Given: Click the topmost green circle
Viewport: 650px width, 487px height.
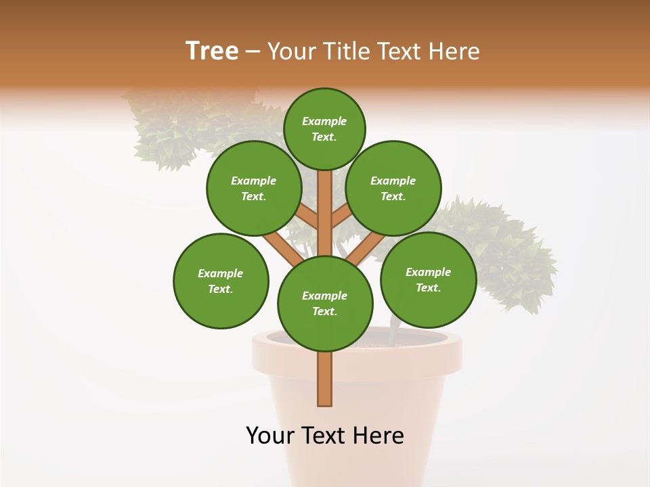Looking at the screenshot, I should pos(324,129).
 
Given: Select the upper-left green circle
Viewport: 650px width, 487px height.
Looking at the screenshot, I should pos(254,188).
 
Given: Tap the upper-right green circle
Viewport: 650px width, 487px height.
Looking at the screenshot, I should pos(393,188).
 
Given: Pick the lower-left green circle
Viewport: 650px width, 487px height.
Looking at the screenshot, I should pos(221,281).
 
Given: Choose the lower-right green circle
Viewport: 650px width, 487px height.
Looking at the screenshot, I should pos(428,279).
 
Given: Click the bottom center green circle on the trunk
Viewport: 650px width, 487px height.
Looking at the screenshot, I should pos(325,303).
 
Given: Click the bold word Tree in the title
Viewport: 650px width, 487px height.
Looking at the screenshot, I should pos(212,51).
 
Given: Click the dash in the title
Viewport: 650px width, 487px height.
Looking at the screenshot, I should pos(253,52).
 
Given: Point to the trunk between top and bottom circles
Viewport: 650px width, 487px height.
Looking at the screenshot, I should pos(325,216).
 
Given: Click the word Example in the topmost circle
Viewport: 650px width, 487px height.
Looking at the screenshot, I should pos(324,121).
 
